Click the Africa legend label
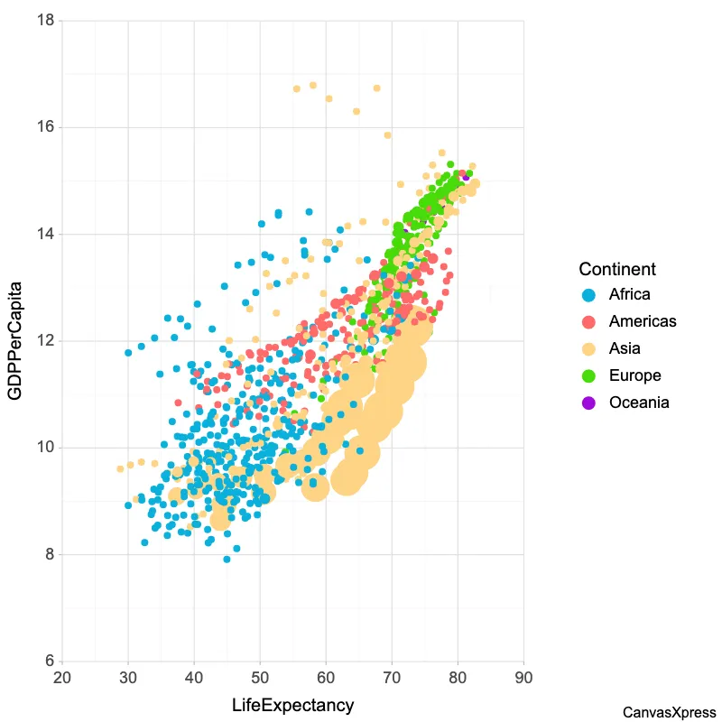629,294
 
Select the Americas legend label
642,321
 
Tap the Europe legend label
634,375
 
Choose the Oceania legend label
639,403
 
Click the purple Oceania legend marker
588,403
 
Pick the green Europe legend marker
588,375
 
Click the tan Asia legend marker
588,348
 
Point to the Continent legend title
616,269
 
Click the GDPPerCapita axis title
16,341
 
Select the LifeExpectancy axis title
292,705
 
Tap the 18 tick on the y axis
44,21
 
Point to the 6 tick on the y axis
49,661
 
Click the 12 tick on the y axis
44,341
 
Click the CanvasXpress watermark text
669,712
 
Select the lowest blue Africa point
227,560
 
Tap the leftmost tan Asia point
120,469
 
